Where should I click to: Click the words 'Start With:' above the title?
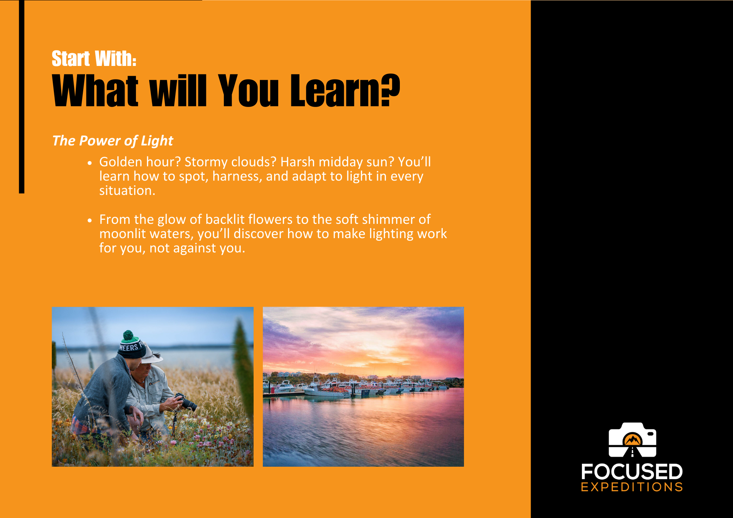pos(94,59)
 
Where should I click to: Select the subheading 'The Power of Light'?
pos(113,141)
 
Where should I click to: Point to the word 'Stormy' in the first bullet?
pos(206,162)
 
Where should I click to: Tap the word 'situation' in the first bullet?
pos(126,190)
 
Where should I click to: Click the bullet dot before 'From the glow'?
pos(90,220)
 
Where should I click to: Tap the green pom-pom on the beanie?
pos(128,335)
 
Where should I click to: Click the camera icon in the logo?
pos(632,440)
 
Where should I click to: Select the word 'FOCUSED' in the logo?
pos(632,472)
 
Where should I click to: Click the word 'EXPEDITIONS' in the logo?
pos(632,487)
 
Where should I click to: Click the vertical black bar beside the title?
pos(22,97)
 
